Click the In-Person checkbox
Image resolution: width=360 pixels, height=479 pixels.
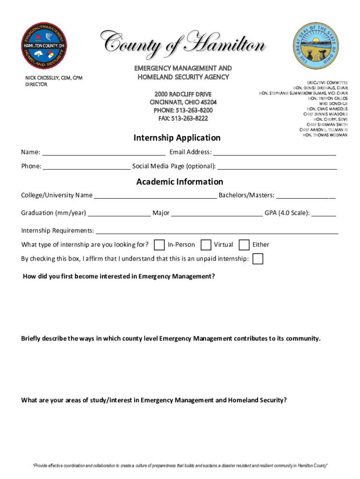coord(159,245)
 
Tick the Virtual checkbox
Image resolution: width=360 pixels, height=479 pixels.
coord(205,245)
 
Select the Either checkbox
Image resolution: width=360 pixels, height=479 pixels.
coord(244,245)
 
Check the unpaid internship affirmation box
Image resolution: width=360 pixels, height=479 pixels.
coord(258,259)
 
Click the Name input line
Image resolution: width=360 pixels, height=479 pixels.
coord(103,152)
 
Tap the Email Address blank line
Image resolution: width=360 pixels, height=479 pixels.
coord(274,152)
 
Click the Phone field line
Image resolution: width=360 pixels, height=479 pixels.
coord(86,167)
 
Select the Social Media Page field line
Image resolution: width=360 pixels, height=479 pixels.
coord(277,167)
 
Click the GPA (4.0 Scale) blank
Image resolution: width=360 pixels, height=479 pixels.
coord(324,213)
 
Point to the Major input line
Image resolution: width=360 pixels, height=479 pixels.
coord(217,213)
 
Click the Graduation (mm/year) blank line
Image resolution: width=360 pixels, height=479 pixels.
coord(119,213)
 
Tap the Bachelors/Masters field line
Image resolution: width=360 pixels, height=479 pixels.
coord(306,196)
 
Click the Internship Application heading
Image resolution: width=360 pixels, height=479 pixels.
coord(177,138)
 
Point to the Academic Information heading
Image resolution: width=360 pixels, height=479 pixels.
coord(180,181)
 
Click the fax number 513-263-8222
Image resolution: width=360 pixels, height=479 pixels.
coord(183,118)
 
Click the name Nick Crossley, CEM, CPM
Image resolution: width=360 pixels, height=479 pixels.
coord(54,78)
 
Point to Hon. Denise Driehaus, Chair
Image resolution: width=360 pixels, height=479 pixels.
coord(320,88)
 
